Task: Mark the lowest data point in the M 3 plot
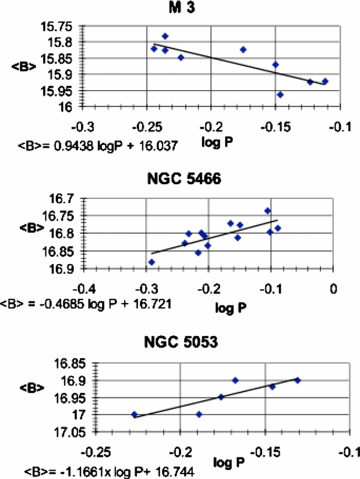[x=280, y=94]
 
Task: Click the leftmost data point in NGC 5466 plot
[x=152, y=262]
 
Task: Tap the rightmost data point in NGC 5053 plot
[x=297, y=381]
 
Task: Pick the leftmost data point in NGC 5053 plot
[x=134, y=414]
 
